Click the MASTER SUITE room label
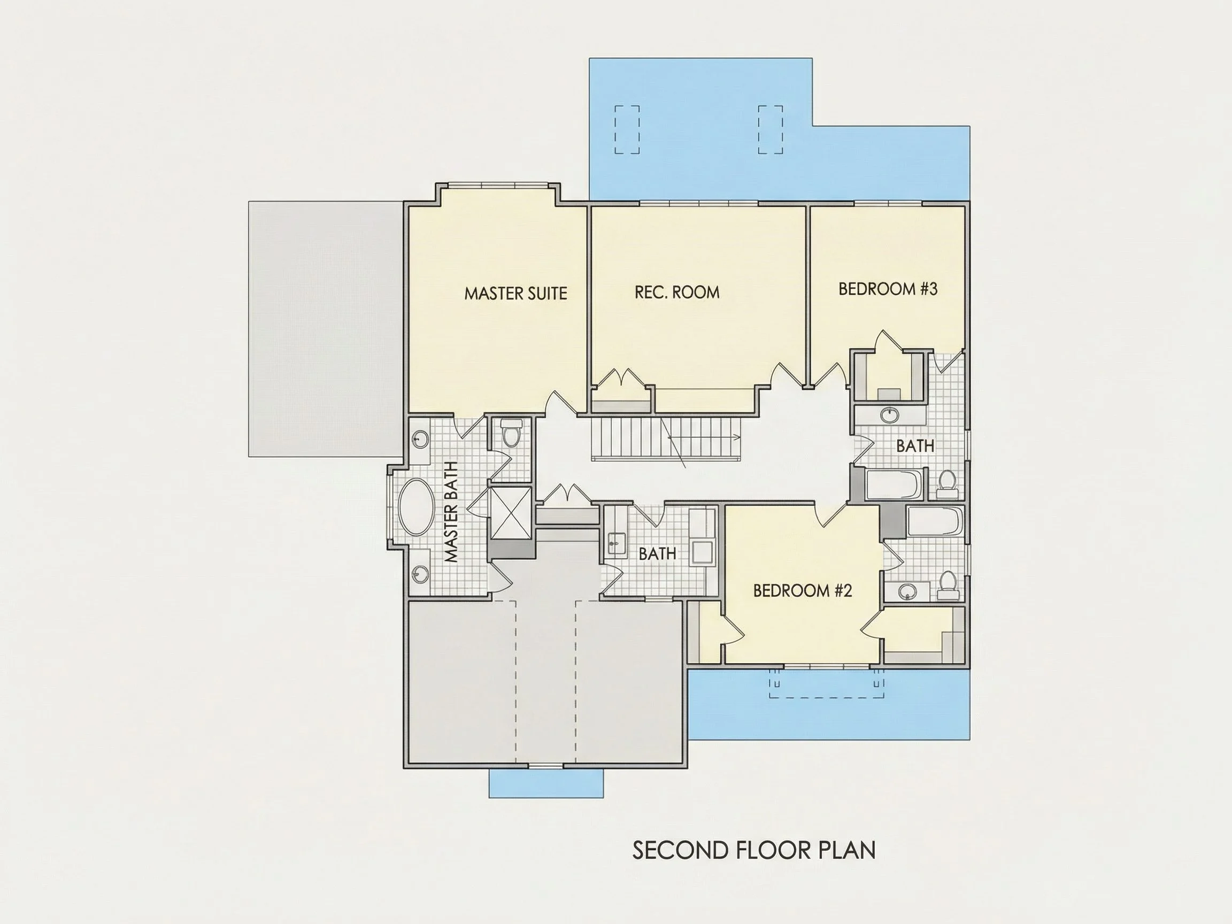(x=516, y=294)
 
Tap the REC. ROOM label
(x=677, y=292)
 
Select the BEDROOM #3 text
(x=888, y=289)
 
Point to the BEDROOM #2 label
(x=803, y=590)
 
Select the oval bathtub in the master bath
(x=416, y=507)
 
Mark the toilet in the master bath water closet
(x=510, y=434)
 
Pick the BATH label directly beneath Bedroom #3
(x=915, y=446)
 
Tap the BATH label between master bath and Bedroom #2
(x=657, y=553)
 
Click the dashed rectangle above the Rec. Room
(x=627, y=129)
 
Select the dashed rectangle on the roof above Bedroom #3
(x=771, y=129)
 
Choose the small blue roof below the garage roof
(x=546, y=783)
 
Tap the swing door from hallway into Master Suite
(x=560, y=402)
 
